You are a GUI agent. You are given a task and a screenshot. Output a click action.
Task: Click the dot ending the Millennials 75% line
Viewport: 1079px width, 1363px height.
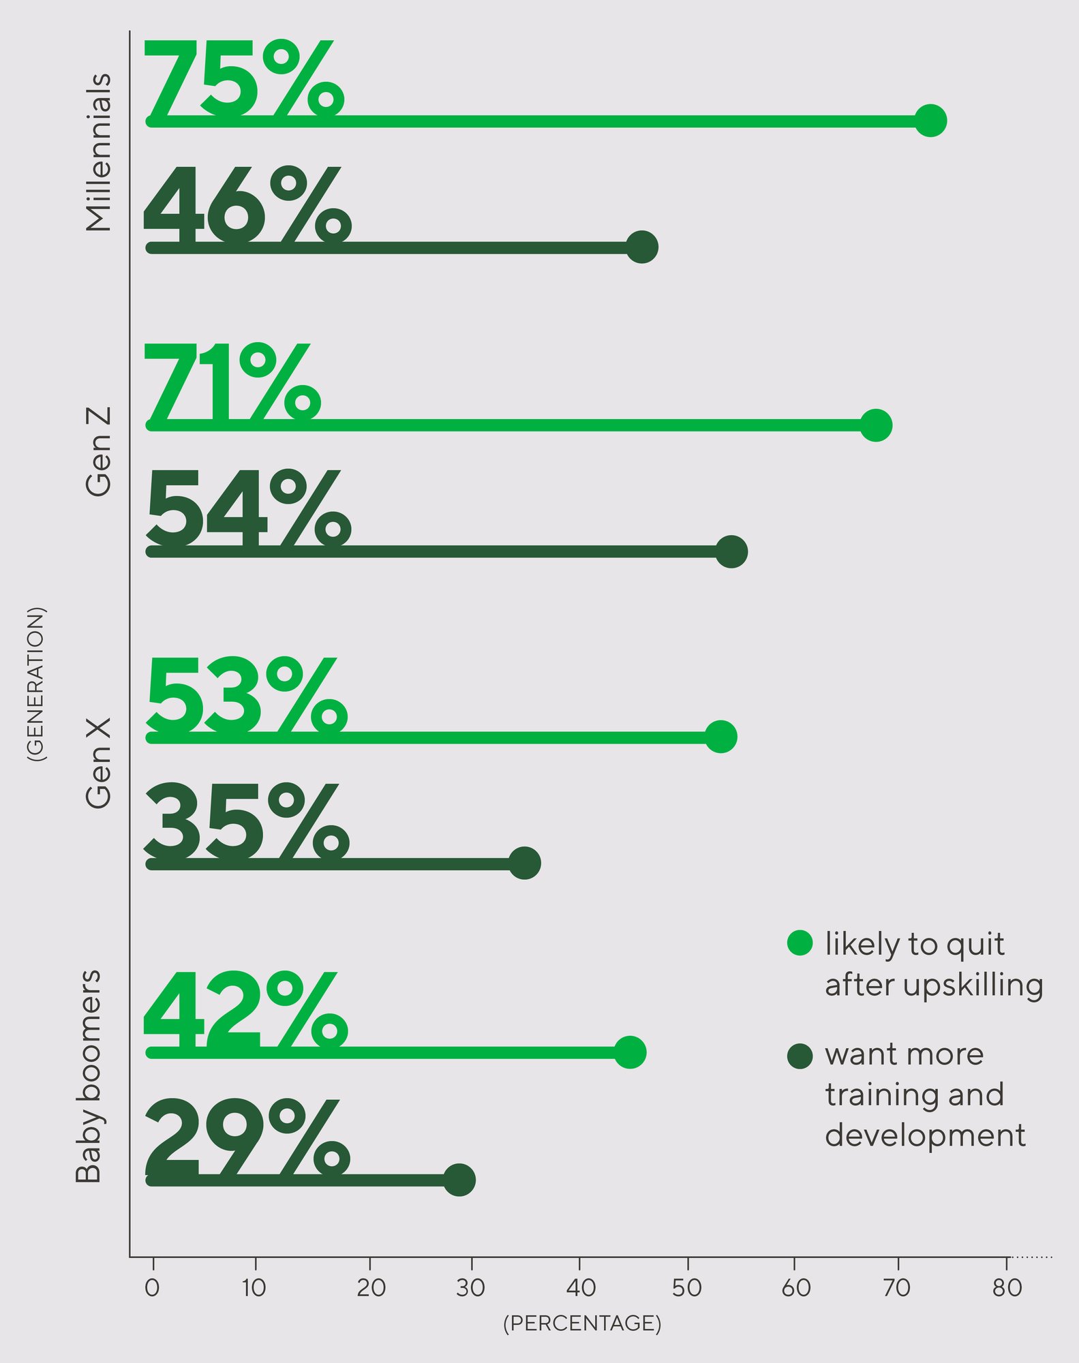[930, 121]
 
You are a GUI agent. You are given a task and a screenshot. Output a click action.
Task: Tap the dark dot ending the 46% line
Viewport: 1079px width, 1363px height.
[642, 247]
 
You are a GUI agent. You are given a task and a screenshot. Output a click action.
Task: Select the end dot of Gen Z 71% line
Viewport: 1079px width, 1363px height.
[876, 425]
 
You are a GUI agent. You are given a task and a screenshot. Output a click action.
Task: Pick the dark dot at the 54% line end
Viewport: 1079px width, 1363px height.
[731, 551]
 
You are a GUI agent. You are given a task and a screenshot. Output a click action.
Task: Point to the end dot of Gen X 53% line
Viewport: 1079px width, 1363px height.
[721, 737]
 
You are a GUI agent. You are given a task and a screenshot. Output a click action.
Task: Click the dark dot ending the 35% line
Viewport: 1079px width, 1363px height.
[525, 863]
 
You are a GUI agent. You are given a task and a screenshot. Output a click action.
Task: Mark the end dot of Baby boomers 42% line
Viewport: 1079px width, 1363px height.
[630, 1053]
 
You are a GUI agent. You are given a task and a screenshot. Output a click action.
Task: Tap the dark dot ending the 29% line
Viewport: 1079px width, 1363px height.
[459, 1180]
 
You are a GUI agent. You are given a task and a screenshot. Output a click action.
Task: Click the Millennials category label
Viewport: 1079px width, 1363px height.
[98, 153]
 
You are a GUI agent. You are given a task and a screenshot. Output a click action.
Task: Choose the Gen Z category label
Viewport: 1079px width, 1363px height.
[98, 452]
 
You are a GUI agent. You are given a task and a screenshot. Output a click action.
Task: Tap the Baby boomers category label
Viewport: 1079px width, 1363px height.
[89, 1075]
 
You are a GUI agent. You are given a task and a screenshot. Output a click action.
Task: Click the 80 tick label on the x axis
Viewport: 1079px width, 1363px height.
[1007, 1288]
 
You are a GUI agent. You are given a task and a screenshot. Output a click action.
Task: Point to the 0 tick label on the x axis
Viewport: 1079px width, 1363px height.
[153, 1288]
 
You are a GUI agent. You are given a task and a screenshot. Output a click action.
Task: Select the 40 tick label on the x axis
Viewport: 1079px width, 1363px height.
[580, 1288]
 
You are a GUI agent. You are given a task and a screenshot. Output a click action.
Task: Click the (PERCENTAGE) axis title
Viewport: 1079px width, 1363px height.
[582, 1323]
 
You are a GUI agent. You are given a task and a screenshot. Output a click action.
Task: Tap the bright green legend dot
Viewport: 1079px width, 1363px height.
[800, 943]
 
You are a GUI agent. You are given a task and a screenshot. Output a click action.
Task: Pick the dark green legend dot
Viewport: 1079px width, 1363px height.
[800, 1056]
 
